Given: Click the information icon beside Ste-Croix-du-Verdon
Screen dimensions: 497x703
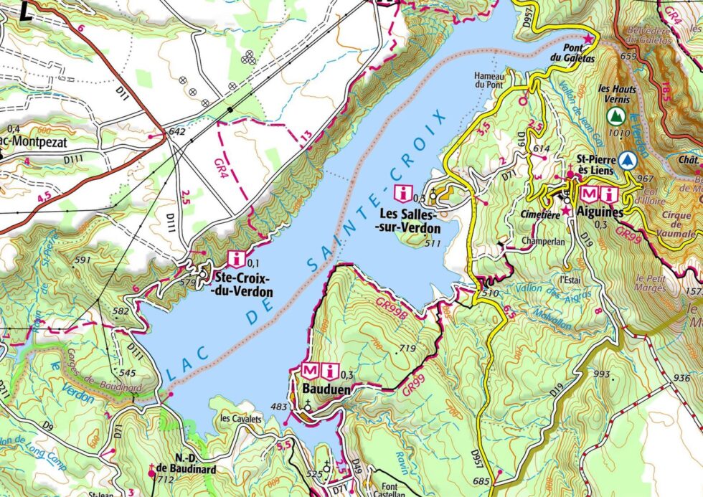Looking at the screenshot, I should [x=236, y=258].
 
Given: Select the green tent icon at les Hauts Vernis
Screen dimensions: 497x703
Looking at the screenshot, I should [x=614, y=115].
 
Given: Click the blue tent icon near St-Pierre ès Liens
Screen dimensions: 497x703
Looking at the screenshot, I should [x=629, y=159].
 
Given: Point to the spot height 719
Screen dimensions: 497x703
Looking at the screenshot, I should [x=407, y=348].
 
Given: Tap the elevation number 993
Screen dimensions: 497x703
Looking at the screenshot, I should [x=601, y=374].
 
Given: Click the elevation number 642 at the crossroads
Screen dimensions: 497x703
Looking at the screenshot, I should [x=176, y=132].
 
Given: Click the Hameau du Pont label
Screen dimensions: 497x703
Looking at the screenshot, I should [x=491, y=79].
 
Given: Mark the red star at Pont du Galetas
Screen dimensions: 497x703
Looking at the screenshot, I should [x=589, y=37].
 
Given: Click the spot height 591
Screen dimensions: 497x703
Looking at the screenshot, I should [x=83, y=260].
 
